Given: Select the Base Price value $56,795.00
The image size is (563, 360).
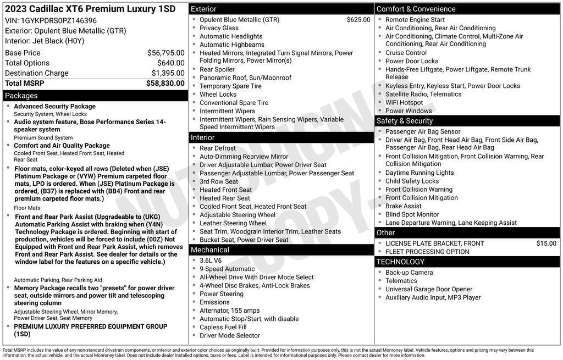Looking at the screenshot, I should pos(165,53).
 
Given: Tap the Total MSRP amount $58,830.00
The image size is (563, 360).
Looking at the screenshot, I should pos(165,83).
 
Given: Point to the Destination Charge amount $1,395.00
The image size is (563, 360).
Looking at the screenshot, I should pos(168,73).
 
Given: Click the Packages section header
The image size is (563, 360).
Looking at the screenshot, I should pos(21,96).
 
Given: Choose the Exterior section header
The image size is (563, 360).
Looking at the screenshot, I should pos(203,9).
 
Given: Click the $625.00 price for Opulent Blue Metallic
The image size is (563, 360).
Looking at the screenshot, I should pos(358,20).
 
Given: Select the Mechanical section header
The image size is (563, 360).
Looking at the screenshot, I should pos(209,250).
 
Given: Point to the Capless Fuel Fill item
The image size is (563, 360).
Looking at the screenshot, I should pos(223,327).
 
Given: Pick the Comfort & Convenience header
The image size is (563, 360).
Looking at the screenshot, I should pos(416,9).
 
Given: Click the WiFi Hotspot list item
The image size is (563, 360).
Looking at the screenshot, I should pos(404,102).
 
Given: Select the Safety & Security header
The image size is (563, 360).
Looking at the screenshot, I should pos(405,121).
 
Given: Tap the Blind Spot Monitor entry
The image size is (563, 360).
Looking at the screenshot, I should pos(412,214).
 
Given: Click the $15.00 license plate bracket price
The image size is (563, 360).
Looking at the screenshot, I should pos(546,243).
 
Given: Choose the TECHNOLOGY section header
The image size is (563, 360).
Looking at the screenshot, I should pos(401,262).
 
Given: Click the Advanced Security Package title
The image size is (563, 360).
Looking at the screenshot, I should pos(54,107).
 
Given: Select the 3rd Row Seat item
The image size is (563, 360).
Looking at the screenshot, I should pos(219,181).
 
